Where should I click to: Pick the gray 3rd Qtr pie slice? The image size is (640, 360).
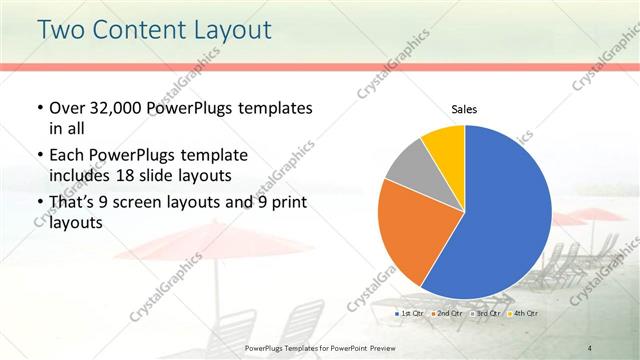pyautogui.click(x=406, y=167)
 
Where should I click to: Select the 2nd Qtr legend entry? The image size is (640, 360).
pyautogui.click(x=448, y=314)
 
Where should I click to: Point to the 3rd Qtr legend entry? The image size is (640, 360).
pyautogui.click(x=486, y=314)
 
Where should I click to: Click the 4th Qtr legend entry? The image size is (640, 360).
pyautogui.click(x=523, y=314)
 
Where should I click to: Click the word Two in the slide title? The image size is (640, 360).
pyautogui.click(x=61, y=30)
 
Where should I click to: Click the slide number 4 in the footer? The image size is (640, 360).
pyautogui.click(x=591, y=347)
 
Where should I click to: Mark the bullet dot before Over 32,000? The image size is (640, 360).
pyautogui.click(x=38, y=108)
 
